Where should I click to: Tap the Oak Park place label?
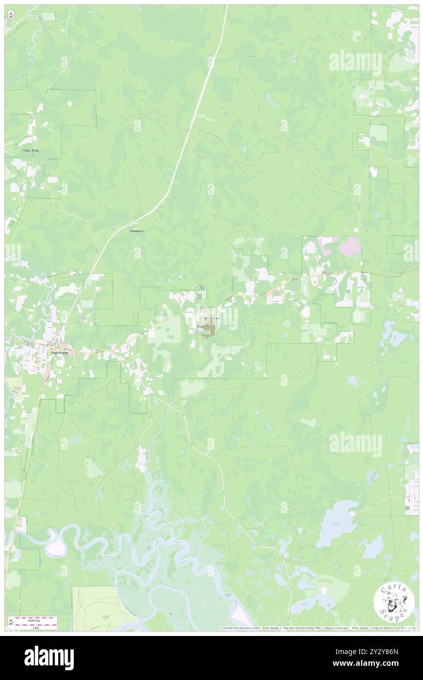pos(31,151)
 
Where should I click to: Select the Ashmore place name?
pos(136,230)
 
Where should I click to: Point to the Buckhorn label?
pos(211,318)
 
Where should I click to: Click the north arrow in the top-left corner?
pos(11,15)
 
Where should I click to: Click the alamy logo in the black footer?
pos(49,658)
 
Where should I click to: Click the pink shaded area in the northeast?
pos(349,245)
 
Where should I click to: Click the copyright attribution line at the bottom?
pos(317,628)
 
